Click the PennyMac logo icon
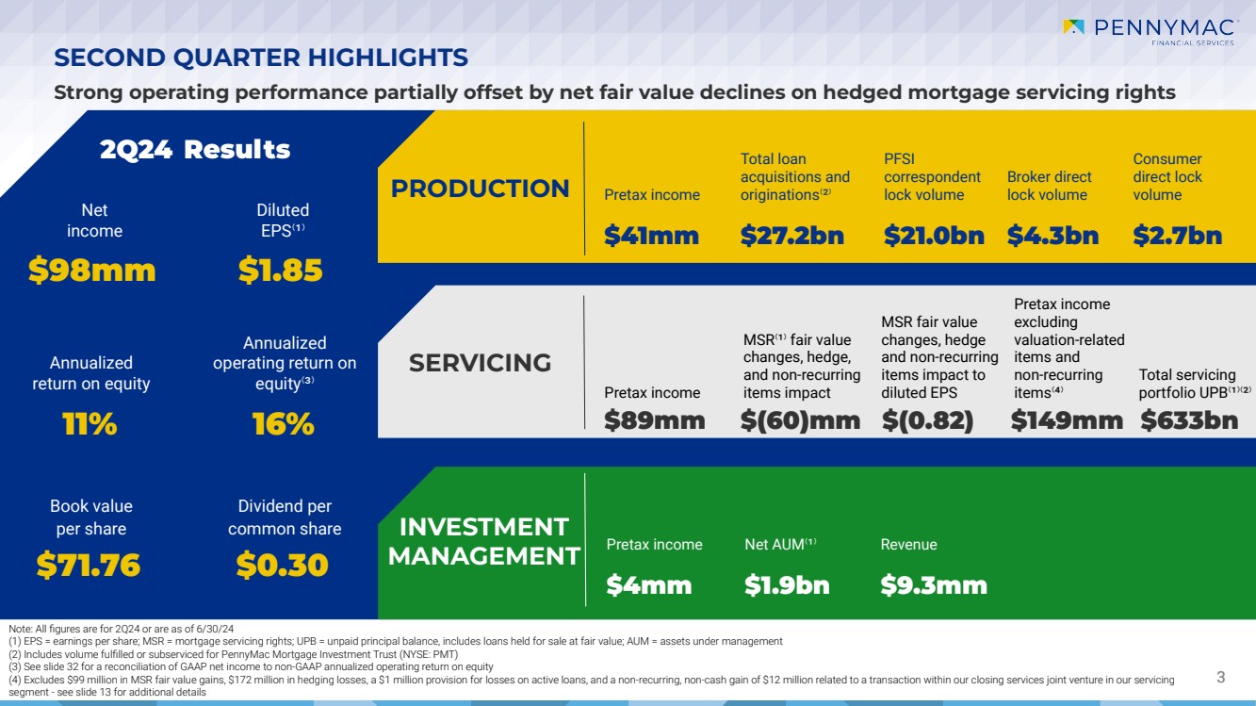[1074, 27]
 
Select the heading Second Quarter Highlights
[261, 58]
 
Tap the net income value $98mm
[91, 271]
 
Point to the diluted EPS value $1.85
[280, 271]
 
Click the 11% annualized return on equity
[90, 424]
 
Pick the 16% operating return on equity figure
[283, 424]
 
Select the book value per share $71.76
[89, 566]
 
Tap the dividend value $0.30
[282, 566]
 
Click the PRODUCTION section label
[480, 189]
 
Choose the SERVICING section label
[480, 363]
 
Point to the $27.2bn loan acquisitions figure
[791, 236]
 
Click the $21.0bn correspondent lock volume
[934, 236]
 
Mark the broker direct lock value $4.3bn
[1052, 236]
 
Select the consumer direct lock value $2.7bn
[1177, 236]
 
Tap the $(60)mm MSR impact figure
[800, 420]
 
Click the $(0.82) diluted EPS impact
[927, 420]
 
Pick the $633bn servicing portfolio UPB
[1189, 420]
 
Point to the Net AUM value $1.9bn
[787, 585]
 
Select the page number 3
[1220, 677]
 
